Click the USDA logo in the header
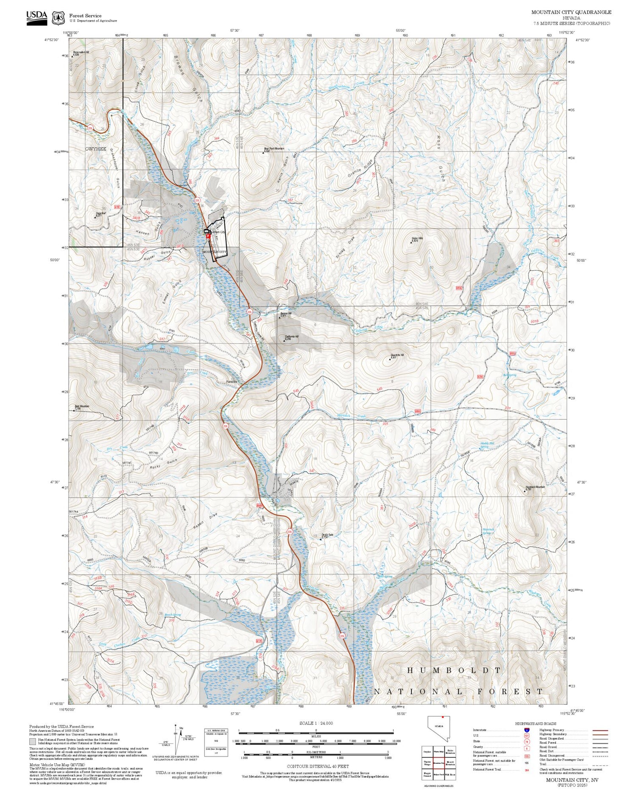(x=36, y=18)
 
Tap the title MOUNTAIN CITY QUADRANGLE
(x=571, y=12)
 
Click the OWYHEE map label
(x=95, y=149)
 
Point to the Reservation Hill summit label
(x=81, y=53)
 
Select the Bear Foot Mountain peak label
(x=273, y=149)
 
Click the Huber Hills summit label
(x=417, y=239)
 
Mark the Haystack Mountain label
(x=535, y=487)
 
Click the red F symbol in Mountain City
(x=208, y=236)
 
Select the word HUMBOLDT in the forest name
(x=454, y=670)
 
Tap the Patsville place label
(x=232, y=381)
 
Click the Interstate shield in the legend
(x=527, y=730)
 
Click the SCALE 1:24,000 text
(x=316, y=723)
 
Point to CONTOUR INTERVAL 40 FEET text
(x=318, y=766)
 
